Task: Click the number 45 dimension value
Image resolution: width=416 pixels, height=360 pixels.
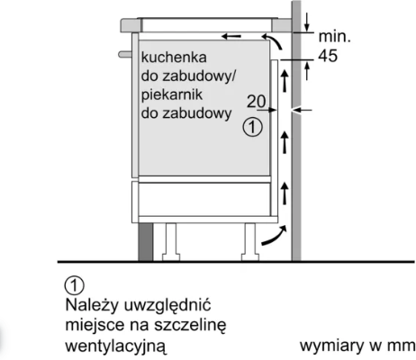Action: click(x=328, y=56)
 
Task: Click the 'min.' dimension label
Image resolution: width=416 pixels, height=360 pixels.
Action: click(x=334, y=37)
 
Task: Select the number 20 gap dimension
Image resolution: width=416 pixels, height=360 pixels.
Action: click(x=257, y=102)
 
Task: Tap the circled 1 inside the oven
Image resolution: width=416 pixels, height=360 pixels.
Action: click(x=252, y=127)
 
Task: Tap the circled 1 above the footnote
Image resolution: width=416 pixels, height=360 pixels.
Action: click(x=75, y=285)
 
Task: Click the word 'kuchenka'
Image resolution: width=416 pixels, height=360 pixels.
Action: click(x=174, y=57)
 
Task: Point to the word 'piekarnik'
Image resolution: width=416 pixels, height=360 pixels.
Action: click(x=172, y=94)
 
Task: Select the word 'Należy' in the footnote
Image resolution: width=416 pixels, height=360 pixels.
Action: click(x=92, y=306)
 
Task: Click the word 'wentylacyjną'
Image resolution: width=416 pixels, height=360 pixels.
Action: click(x=115, y=346)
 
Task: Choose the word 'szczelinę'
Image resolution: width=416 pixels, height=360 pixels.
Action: click(x=190, y=326)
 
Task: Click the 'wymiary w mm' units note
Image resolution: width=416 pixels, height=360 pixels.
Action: click(x=357, y=346)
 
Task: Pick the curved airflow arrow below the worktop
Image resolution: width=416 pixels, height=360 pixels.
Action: click(x=273, y=41)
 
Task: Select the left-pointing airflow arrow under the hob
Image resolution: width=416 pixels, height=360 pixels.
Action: click(x=231, y=37)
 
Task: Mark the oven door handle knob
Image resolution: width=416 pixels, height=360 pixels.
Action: click(x=125, y=54)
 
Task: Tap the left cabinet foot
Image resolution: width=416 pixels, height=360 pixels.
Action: click(x=171, y=242)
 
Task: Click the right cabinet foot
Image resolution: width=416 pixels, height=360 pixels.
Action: click(x=250, y=242)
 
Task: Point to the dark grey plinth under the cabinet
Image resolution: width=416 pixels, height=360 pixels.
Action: click(x=146, y=242)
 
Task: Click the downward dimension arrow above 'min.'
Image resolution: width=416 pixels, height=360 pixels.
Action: click(x=307, y=22)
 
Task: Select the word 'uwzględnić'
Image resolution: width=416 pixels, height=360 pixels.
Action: click(x=167, y=306)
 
